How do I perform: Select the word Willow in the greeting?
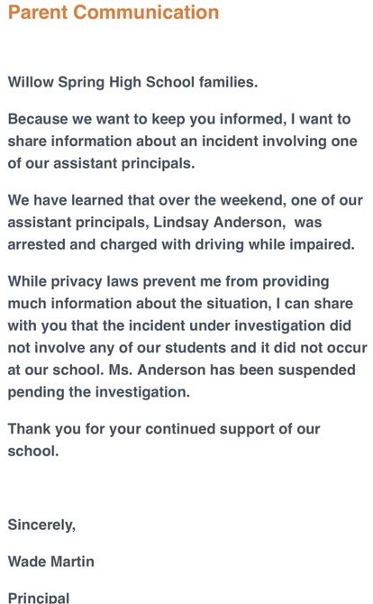(x=32, y=82)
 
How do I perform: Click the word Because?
(x=39, y=119)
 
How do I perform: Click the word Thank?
(x=30, y=429)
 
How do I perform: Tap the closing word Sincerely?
(x=41, y=525)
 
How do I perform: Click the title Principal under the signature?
(x=39, y=598)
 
